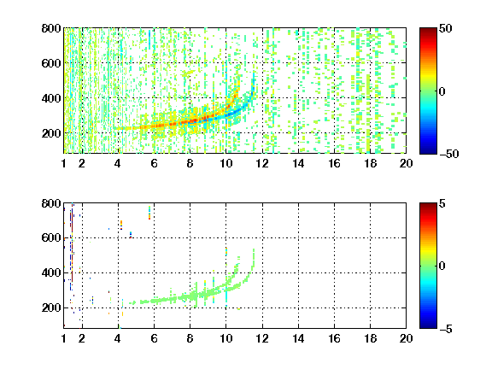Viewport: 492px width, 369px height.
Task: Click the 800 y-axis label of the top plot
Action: click(x=51, y=28)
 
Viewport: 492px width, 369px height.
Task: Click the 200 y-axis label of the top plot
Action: click(x=51, y=133)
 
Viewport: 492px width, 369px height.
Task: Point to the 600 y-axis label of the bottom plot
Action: click(x=51, y=237)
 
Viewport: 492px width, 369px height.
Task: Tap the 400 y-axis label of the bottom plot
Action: click(x=51, y=272)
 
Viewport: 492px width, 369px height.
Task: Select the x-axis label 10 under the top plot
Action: click(x=225, y=163)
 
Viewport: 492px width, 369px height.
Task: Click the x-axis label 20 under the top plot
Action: click(x=406, y=163)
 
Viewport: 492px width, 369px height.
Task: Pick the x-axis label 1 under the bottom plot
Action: click(x=64, y=338)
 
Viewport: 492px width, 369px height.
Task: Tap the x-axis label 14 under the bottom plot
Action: click(x=298, y=338)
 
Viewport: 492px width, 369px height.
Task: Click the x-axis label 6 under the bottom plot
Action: click(x=154, y=338)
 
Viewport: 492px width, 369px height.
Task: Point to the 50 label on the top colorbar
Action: click(x=445, y=28)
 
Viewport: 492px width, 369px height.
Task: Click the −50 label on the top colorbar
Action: click(x=448, y=154)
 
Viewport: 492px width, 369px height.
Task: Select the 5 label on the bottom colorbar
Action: click(x=442, y=203)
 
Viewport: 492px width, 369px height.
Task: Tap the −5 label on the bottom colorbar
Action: click(x=446, y=329)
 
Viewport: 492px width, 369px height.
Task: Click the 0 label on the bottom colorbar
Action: click(x=442, y=266)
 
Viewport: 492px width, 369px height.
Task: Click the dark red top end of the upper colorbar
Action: click(x=428, y=30)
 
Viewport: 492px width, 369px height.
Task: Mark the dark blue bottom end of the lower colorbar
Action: click(x=428, y=326)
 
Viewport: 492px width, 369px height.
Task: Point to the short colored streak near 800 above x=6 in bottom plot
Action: click(x=149, y=213)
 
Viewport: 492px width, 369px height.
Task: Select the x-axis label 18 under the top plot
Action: click(x=370, y=163)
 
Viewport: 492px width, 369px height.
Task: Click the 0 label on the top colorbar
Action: click(x=442, y=91)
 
